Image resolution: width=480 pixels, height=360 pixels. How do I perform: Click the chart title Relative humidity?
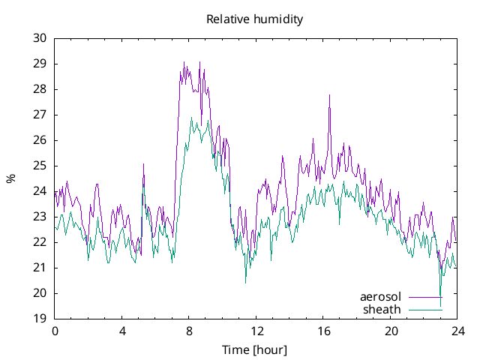tap(255, 19)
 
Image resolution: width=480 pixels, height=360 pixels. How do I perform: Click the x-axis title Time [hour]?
tap(255, 349)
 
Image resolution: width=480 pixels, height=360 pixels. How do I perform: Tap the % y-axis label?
tap(10, 178)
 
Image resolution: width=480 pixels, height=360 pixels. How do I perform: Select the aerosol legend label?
tap(380, 297)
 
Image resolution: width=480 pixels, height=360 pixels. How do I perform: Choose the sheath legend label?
tap(382, 309)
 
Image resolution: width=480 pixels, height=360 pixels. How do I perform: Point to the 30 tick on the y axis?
tap(40, 38)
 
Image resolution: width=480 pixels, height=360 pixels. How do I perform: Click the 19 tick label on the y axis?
tap(40, 319)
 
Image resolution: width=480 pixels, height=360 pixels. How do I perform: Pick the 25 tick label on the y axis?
tap(40, 166)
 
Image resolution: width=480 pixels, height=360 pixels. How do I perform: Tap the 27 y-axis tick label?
tap(40, 115)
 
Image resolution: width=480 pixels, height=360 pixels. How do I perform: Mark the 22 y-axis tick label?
tap(40, 242)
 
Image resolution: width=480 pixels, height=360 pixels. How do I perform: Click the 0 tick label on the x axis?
tap(55, 331)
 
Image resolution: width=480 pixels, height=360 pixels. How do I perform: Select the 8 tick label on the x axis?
tap(189, 331)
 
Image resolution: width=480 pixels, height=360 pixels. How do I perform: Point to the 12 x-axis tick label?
tap(256, 331)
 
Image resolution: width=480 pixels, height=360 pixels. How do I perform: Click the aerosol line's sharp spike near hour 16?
tap(329, 96)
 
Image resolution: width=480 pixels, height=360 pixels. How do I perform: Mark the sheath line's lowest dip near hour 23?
tap(440, 295)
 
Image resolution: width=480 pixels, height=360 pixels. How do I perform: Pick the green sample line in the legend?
tap(425, 310)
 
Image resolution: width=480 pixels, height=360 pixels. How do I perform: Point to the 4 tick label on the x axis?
tap(122, 331)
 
